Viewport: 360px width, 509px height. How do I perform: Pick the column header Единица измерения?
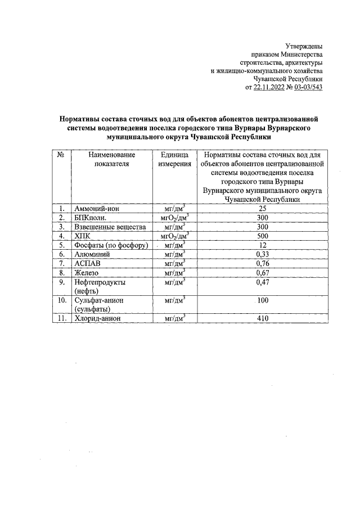[x=174, y=159]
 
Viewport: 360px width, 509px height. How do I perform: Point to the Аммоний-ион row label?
[x=95, y=209]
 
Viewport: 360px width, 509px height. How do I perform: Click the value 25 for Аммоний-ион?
[x=262, y=209]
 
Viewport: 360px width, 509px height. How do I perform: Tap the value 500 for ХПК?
[x=262, y=236]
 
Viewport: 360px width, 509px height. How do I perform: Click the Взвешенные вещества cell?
[x=110, y=227]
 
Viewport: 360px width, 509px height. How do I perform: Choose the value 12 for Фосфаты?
[x=262, y=245]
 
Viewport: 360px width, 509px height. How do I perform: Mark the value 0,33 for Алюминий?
[x=262, y=255]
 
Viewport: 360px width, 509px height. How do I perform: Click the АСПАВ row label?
[x=88, y=264]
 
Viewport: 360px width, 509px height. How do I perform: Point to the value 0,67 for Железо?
[x=262, y=273]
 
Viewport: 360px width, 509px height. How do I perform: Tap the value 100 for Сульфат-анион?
[x=262, y=301]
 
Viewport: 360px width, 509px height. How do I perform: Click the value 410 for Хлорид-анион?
[x=262, y=318]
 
